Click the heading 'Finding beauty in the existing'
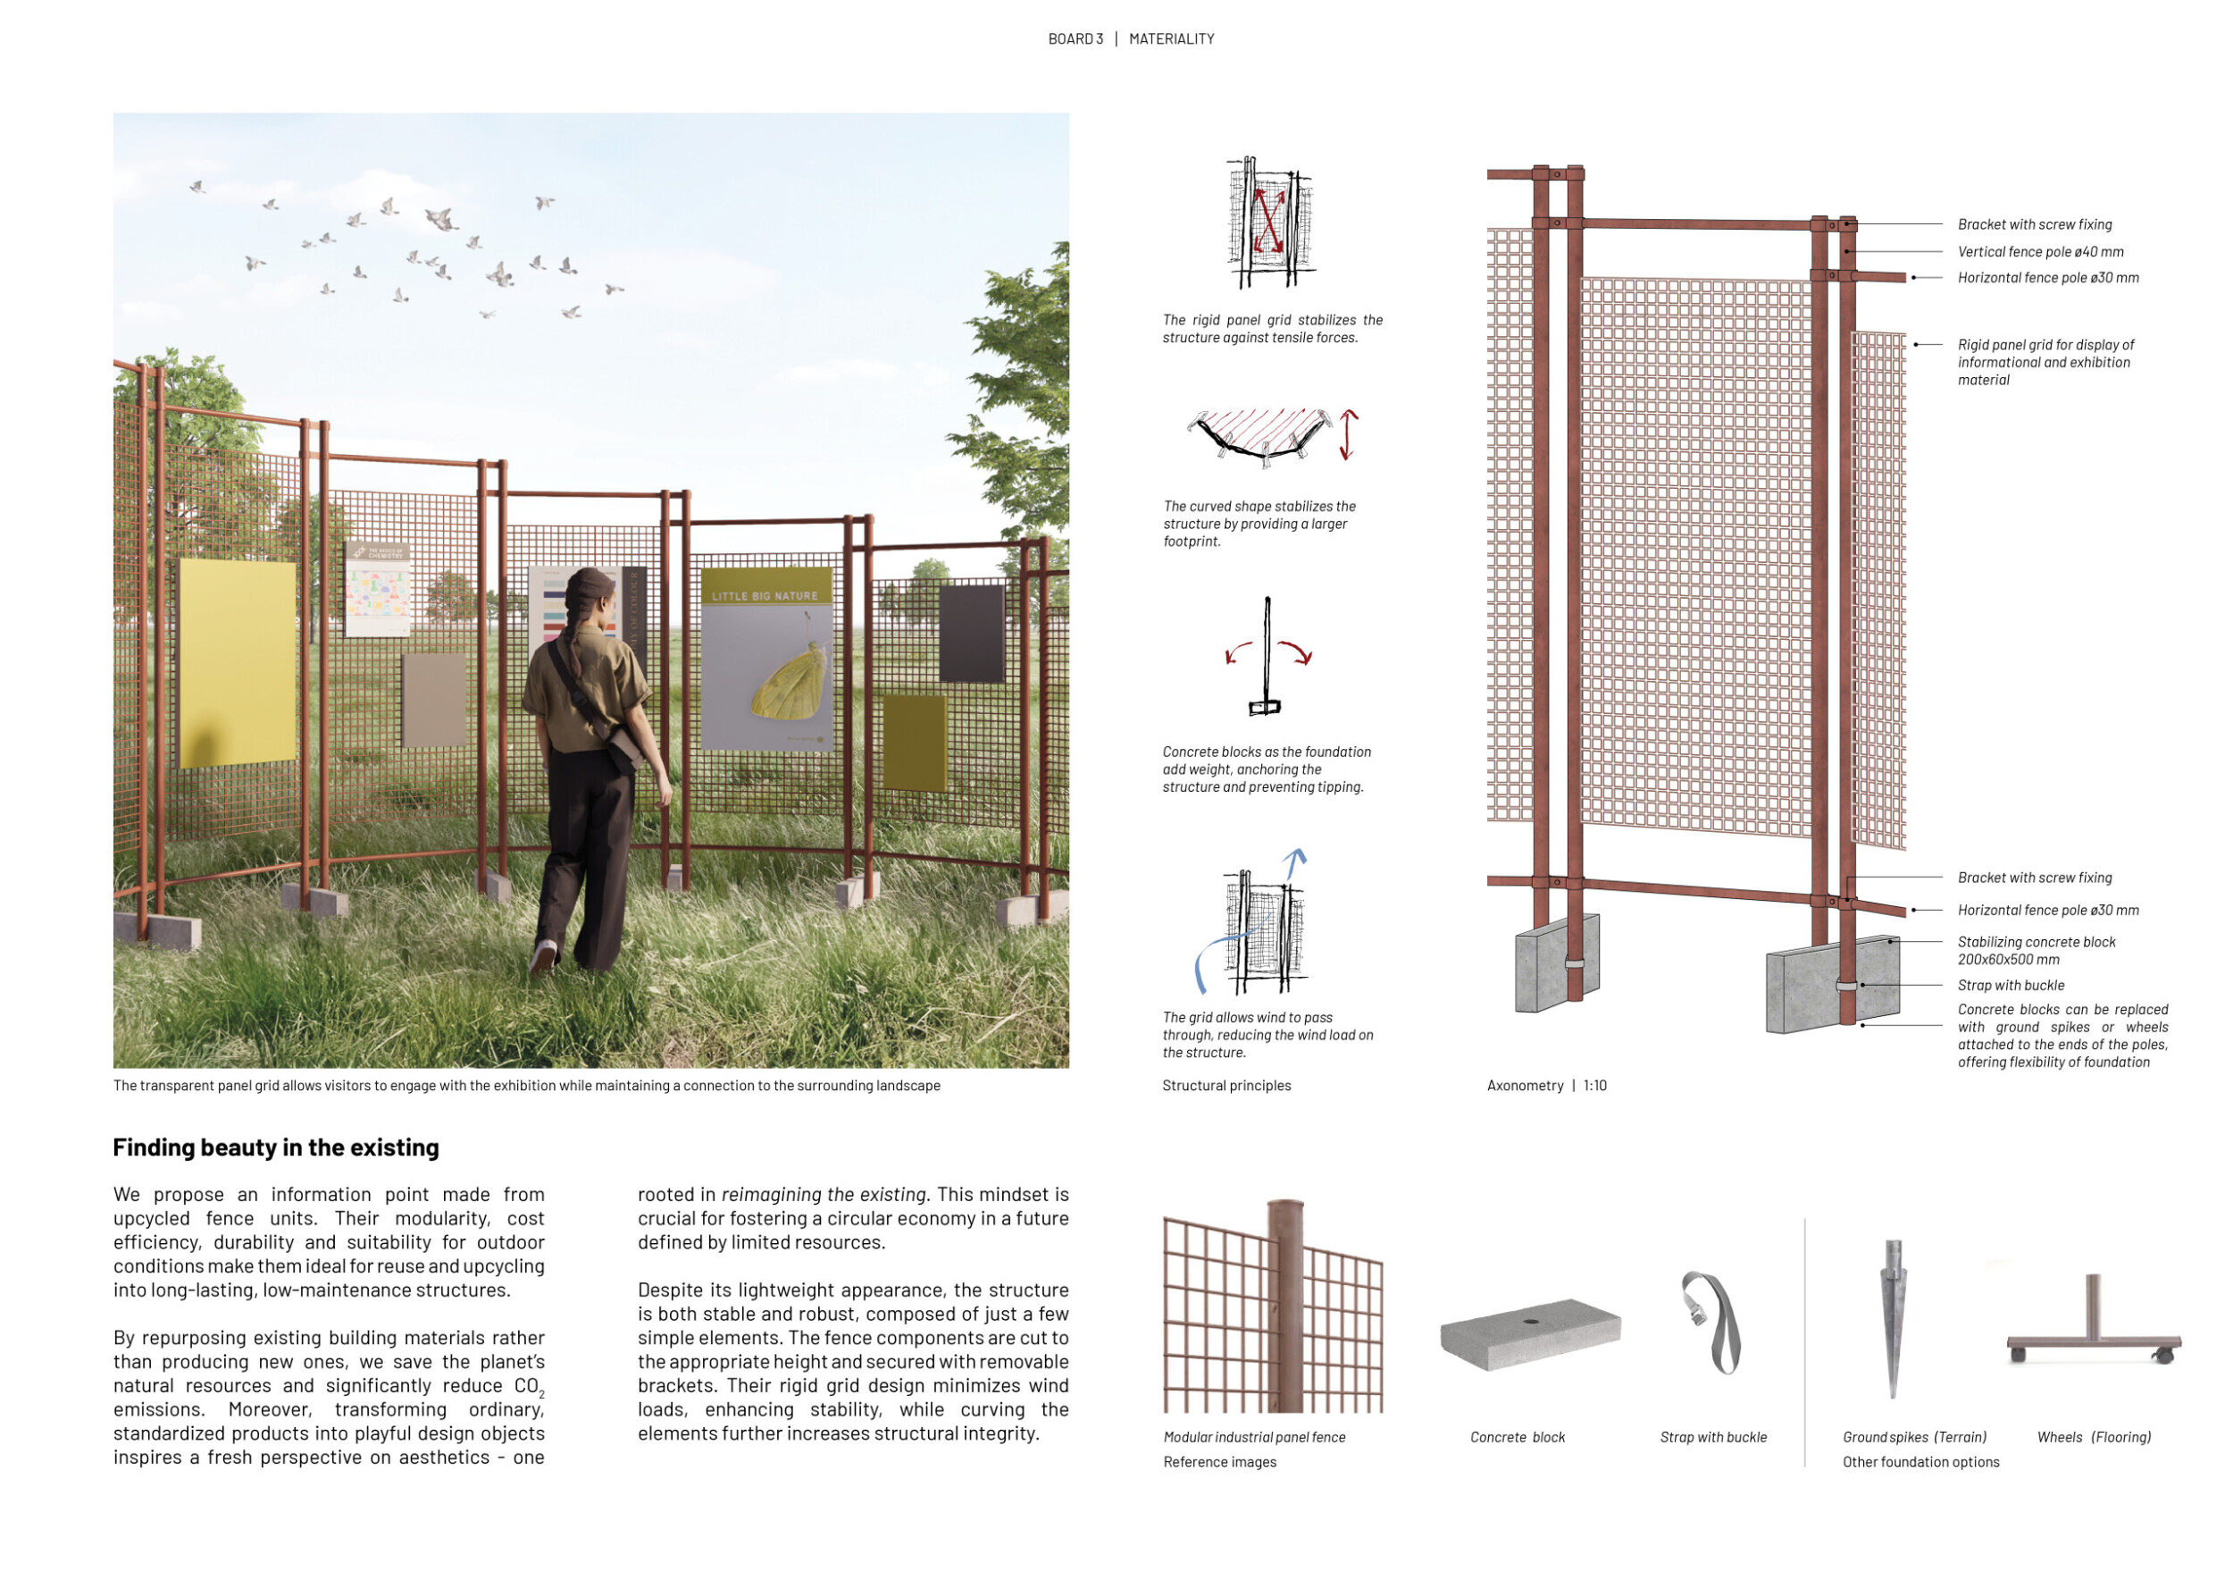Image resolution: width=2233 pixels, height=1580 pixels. coord(275,1148)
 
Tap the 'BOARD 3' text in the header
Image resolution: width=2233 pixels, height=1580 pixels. coord(1075,39)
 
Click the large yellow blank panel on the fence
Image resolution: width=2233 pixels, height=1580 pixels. coord(238,661)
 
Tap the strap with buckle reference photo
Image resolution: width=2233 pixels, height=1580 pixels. coord(1710,1323)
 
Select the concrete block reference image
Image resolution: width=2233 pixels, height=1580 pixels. coord(1530,1334)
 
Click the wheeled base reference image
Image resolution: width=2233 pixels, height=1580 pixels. coord(2093,1323)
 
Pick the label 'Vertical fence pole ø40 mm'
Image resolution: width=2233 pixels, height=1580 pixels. coord(2040,252)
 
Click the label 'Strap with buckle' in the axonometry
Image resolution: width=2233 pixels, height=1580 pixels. coord(2011,986)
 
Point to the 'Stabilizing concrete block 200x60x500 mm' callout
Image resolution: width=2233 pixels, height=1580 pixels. coord(2036,951)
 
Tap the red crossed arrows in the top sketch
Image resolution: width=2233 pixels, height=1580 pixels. coord(1268,220)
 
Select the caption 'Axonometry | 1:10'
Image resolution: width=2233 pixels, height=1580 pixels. coord(1546,1086)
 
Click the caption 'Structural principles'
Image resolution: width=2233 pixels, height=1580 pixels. coord(1226,1086)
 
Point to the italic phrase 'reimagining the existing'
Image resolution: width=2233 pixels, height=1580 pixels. coord(824,1195)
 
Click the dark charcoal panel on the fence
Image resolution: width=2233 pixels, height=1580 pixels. coord(972,634)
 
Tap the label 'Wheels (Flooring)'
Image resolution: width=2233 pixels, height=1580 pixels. coord(2094,1437)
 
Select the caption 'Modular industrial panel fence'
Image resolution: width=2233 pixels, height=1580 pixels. coord(1255,1437)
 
